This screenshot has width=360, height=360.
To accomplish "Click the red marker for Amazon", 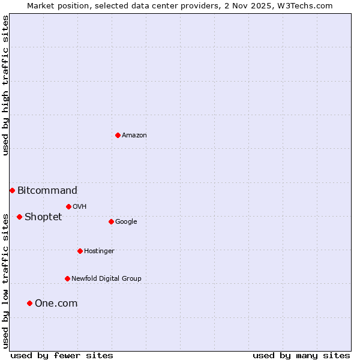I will pyautogui.click(x=118, y=135).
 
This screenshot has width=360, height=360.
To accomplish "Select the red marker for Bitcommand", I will pyautogui.click(x=12, y=190).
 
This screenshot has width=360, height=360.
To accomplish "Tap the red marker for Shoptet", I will pyautogui.click(x=19, y=217).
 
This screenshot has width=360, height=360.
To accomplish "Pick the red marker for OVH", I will pyautogui.click(x=68, y=206).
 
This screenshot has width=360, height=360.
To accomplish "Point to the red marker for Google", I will pyautogui.click(x=111, y=221).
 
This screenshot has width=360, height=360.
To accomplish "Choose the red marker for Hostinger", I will pyautogui.click(x=80, y=251).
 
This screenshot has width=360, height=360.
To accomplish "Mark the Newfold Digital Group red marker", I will pyautogui.click(x=67, y=278).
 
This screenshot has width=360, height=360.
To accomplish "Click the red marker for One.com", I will pyautogui.click(x=29, y=303).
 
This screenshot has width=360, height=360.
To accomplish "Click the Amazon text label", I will pyautogui.click(x=134, y=135).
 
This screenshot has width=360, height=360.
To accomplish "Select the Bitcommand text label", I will pyautogui.click(x=47, y=191).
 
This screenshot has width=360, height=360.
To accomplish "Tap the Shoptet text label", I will pyautogui.click(x=43, y=217).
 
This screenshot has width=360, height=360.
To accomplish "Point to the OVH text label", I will pyautogui.click(x=80, y=206).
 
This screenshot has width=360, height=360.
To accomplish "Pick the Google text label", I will pyautogui.click(x=126, y=221).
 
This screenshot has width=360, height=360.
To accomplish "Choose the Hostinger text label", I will pyautogui.click(x=99, y=251).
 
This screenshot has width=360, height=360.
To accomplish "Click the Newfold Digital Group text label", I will pyautogui.click(x=106, y=278).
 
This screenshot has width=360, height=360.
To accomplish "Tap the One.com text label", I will pyautogui.click(x=56, y=304).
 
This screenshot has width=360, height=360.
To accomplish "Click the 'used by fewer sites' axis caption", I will pyautogui.click(x=62, y=355).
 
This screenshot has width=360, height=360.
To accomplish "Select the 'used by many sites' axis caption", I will pyautogui.click(x=301, y=355).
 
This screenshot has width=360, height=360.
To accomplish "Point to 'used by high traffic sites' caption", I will pyautogui.click(x=5, y=85).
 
